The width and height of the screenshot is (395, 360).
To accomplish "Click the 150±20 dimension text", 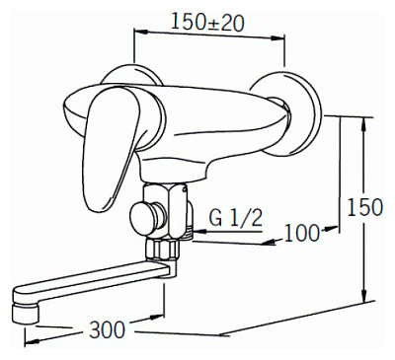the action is [x=207, y=23].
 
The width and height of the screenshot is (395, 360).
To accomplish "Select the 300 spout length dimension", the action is [x=107, y=329].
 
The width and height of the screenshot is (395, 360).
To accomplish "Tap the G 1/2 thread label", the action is [x=236, y=217].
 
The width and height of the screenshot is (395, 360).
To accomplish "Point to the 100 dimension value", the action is [x=302, y=233].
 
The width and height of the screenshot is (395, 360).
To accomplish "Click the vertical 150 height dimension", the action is [x=365, y=207].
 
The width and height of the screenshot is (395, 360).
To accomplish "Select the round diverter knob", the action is [x=145, y=218].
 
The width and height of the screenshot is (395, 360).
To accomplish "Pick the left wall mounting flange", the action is [x=131, y=74].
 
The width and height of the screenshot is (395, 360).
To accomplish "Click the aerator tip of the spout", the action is [x=24, y=314].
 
